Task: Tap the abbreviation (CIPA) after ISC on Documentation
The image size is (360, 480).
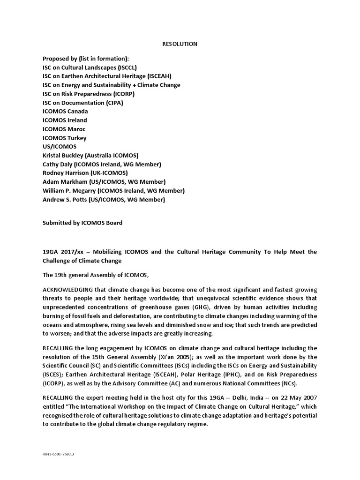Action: tap(114, 103)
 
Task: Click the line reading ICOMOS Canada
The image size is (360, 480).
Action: tap(65, 112)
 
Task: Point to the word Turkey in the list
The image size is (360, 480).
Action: tap(77, 138)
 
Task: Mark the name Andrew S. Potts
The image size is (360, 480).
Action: tap(63, 200)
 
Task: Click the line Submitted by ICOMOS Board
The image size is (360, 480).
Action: tap(82, 223)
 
